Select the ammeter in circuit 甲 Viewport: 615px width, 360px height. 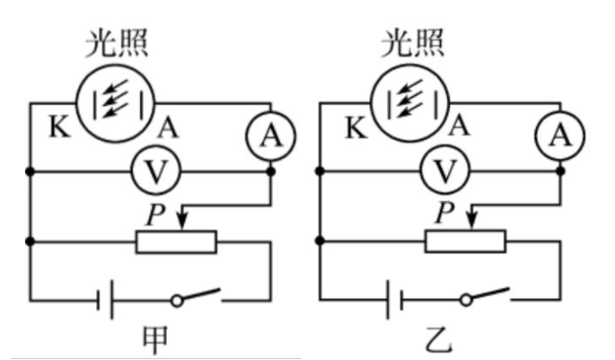tap(266, 136)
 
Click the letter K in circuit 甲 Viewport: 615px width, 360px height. tap(59, 127)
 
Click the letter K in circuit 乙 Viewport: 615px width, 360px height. tap(356, 127)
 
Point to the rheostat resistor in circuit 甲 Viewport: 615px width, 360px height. tap(176, 241)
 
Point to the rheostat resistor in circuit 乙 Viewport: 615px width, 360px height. tap(465, 241)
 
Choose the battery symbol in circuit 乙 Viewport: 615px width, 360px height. tap(395, 299)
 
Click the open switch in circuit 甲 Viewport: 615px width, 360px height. tap(198, 297)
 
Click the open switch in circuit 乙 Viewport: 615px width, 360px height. tap(486, 297)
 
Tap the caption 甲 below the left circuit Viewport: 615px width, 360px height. tap(154, 340)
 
